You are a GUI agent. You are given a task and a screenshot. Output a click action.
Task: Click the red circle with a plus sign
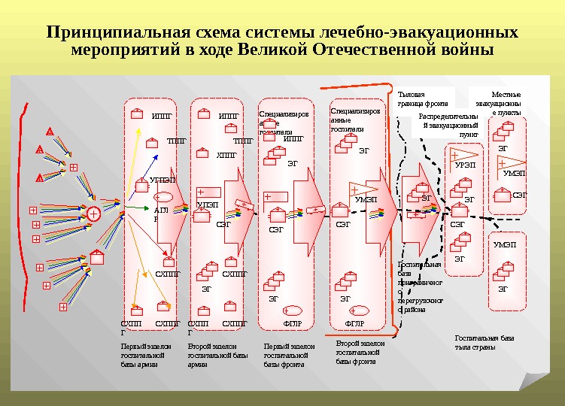(93, 214)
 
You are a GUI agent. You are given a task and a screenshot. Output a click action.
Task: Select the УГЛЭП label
(163, 180)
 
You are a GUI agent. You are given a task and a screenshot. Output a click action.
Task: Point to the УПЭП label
(207, 205)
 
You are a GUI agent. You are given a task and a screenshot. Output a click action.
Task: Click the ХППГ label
(226, 156)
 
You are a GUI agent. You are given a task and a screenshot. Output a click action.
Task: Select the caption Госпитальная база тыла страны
(485, 343)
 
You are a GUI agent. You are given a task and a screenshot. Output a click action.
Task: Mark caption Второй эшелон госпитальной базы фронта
(357, 352)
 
